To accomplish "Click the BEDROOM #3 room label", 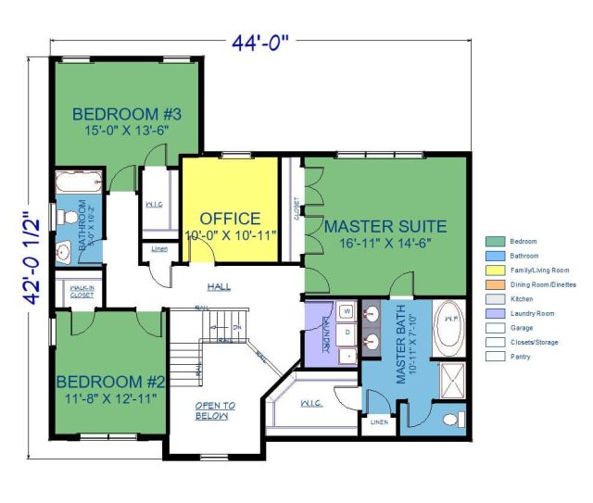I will click(x=126, y=115).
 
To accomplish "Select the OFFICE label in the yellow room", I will click(x=231, y=219).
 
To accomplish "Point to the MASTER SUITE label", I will click(x=385, y=226).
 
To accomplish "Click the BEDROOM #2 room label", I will click(x=110, y=381).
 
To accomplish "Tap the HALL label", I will click(x=220, y=285).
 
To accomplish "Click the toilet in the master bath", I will click(x=451, y=420).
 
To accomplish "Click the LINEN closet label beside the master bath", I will click(x=379, y=421).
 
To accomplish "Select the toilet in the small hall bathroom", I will click(x=65, y=216).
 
